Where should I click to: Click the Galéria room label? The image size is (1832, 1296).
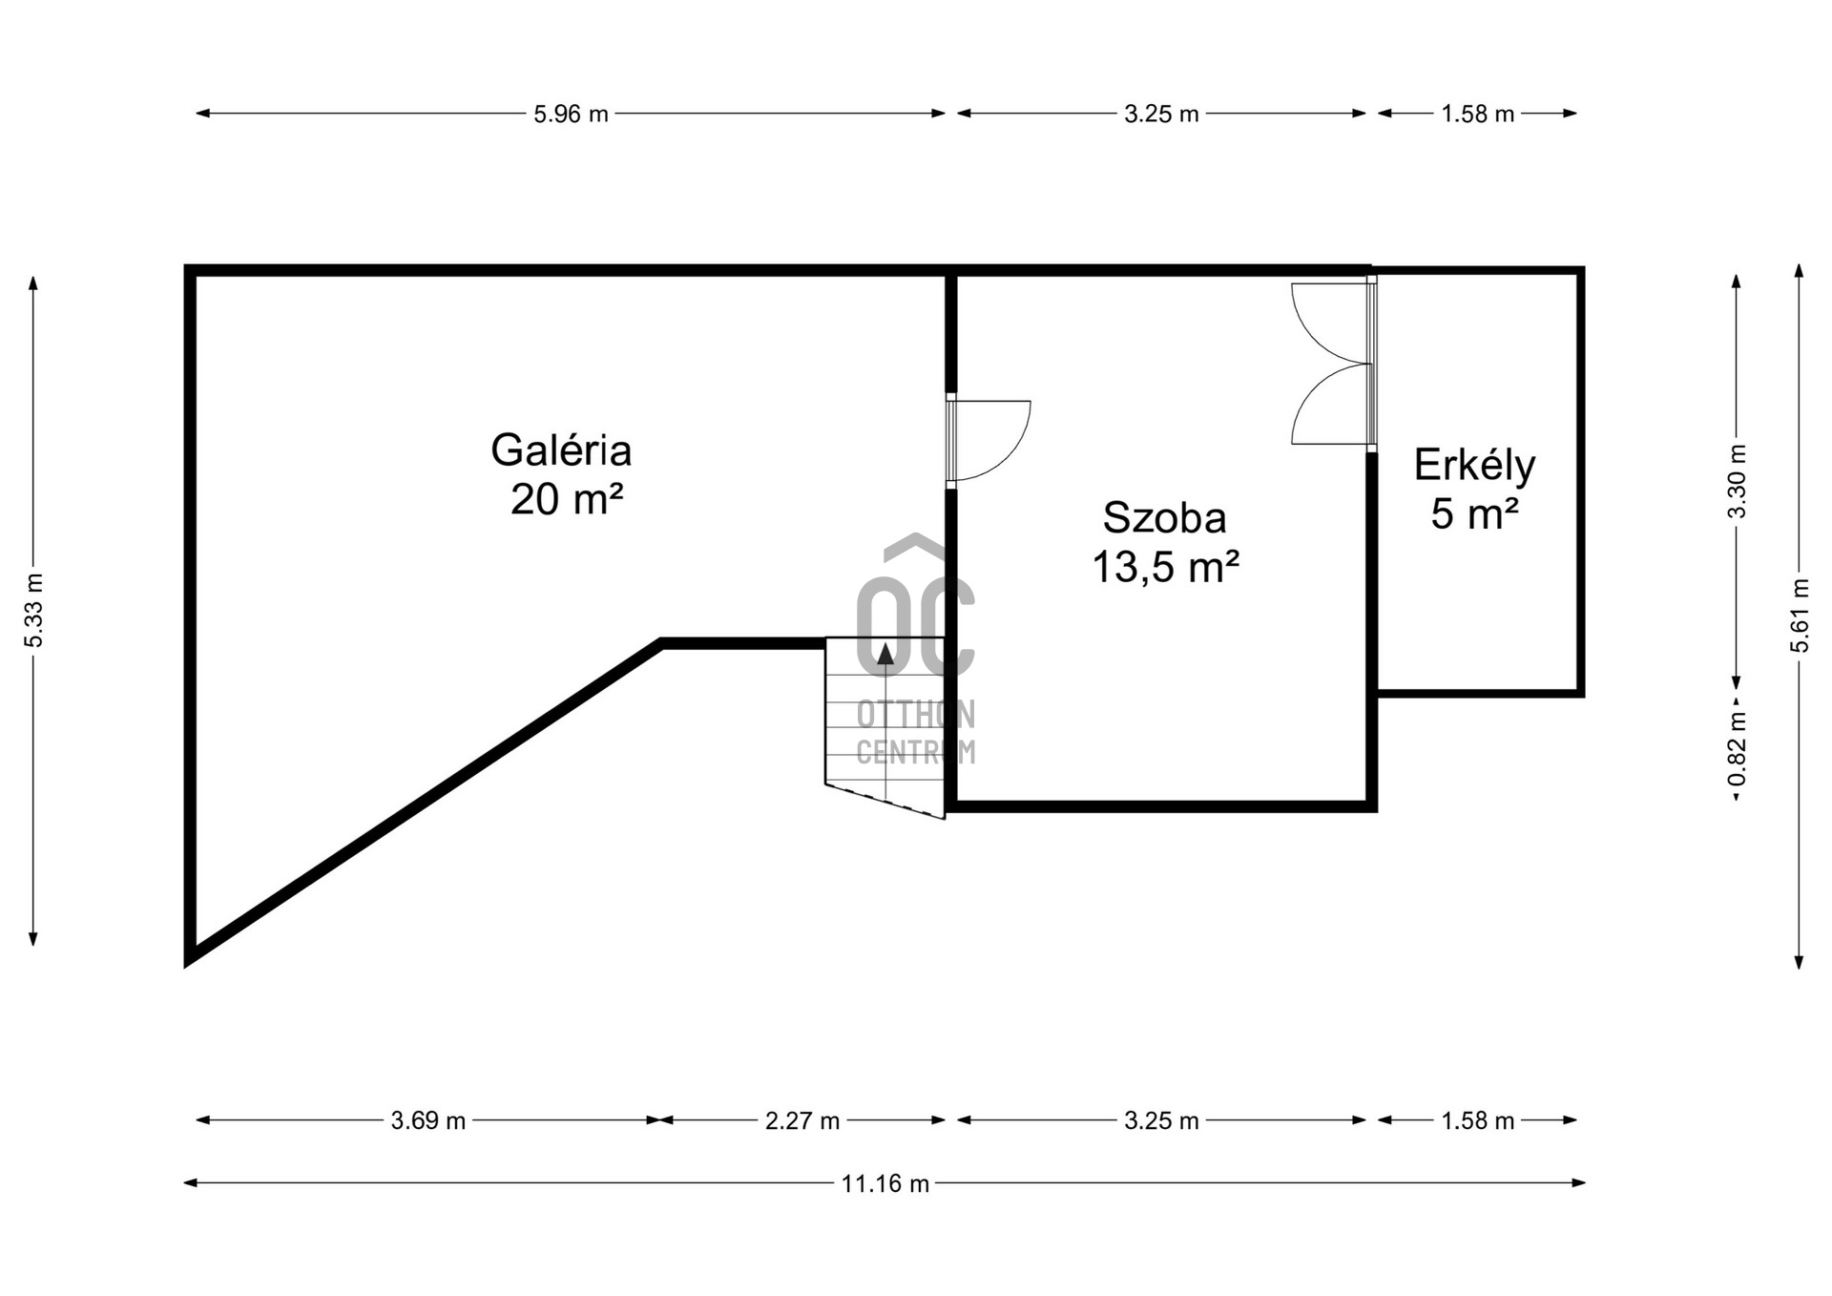point(561,450)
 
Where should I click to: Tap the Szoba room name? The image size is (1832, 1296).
point(1164,518)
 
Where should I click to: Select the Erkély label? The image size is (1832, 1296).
point(1474,466)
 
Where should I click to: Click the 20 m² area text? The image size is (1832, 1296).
point(567,499)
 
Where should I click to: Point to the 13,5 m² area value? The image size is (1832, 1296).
point(1165,568)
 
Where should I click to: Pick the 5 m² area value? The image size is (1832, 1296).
point(1474,514)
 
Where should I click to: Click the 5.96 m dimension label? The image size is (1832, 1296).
point(571,115)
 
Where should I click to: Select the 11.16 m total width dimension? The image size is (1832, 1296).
point(885,1184)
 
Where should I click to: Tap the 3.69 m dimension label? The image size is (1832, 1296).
point(427,1121)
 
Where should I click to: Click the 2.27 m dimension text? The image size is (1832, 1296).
point(801,1121)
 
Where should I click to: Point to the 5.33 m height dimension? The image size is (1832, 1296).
point(34,611)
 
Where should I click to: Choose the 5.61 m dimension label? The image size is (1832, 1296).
point(1800,616)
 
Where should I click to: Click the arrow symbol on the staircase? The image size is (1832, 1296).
point(885,654)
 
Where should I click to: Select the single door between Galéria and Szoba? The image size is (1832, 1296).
point(988,440)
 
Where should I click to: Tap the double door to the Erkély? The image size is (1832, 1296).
point(1331,364)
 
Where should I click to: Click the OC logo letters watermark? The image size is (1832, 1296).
point(915,625)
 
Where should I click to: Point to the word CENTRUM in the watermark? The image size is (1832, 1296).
point(915,752)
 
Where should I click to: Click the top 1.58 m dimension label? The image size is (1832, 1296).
point(1477,115)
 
